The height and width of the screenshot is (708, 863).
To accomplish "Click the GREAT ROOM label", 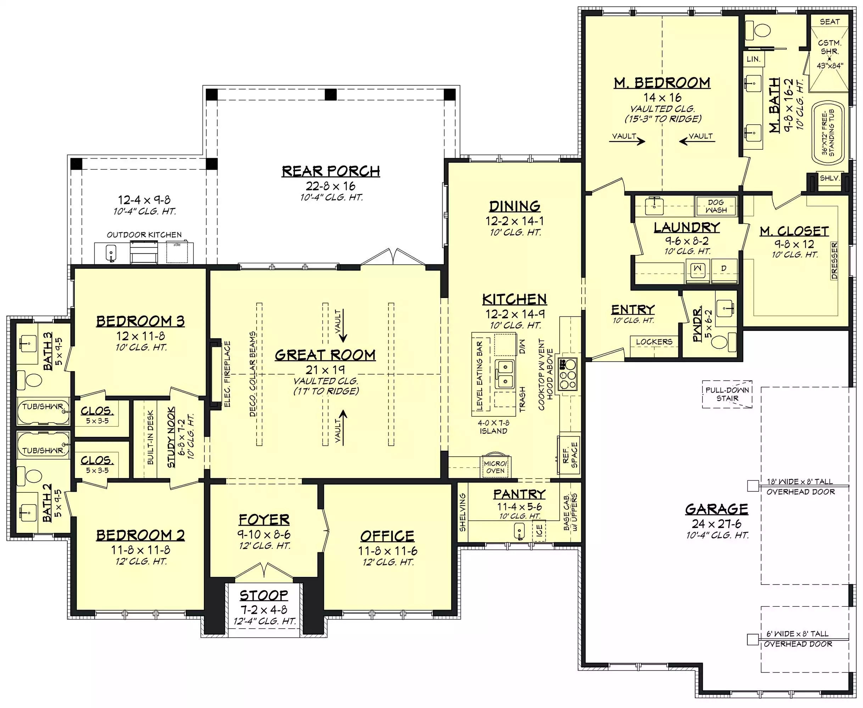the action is click(x=325, y=355).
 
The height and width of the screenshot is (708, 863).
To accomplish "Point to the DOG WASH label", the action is click(x=716, y=206).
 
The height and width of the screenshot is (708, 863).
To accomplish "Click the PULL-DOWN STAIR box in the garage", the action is click(x=727, y=394).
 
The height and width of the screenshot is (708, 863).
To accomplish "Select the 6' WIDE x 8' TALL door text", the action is click(x=797, y=634).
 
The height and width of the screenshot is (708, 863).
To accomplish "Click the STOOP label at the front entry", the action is click(x=264, y=595).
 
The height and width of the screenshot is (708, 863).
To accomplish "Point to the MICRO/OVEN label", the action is click(x=495, y=467).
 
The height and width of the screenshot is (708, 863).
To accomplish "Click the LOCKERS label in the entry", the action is click(x=654, y=342).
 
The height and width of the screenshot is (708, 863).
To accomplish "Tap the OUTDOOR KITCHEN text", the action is click(x=144, y=235).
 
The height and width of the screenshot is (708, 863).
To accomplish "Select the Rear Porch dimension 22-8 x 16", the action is click(x=330, y=186).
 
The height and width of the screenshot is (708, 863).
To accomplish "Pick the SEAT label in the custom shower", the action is click(x=830, y=22).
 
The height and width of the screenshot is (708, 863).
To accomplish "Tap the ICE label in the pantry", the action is click(x=539, y=530).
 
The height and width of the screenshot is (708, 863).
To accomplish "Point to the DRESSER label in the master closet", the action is click(x=834, y=261).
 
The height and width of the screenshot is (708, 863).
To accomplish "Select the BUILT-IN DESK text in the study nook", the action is click(x=150, y=437).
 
